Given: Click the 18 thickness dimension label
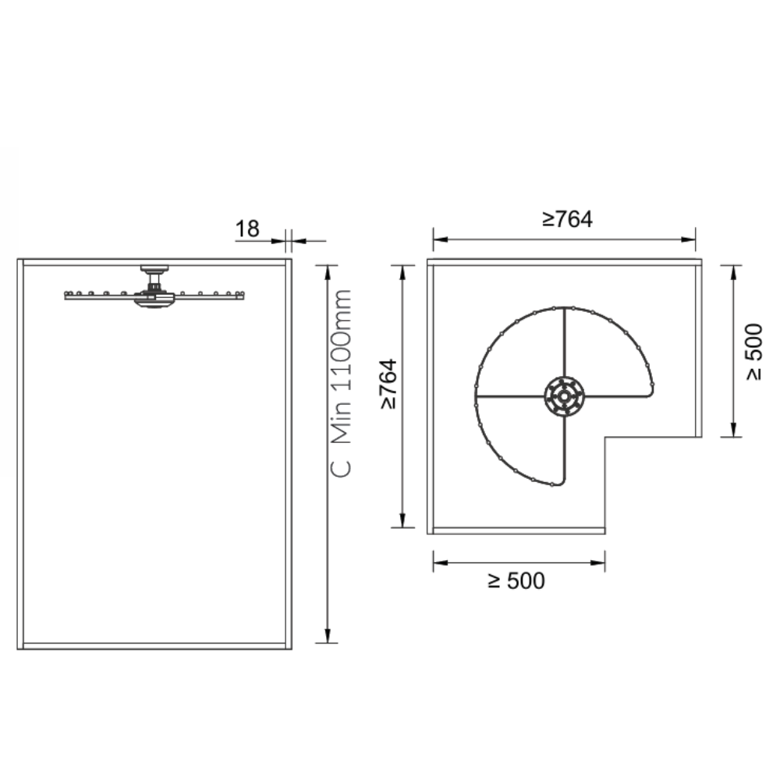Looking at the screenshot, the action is (x=247, y=229).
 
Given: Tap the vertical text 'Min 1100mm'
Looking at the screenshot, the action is (x=342, y=367).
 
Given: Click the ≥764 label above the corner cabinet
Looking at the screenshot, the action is (x=568, y=219).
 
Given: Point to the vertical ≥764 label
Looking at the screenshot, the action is (x=388, y=384).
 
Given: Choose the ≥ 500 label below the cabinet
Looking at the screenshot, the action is (x=516, y=581).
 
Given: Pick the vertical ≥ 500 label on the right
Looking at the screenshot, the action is (x=754, y=353).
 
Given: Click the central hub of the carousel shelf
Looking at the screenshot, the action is (x=564, y=396).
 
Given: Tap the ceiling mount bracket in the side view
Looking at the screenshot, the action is (x=154, y=278).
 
